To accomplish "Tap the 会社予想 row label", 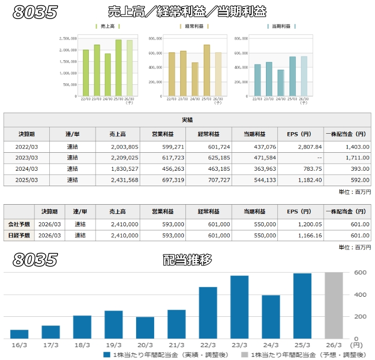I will coord(19,224).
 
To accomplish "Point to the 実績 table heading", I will coord(188,119).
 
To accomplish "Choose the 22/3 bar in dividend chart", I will coord(208,311).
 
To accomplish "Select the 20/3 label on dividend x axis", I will coord(145,345).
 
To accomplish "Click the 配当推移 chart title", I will coord(186,260).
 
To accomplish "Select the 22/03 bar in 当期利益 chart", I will coord(257,80).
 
